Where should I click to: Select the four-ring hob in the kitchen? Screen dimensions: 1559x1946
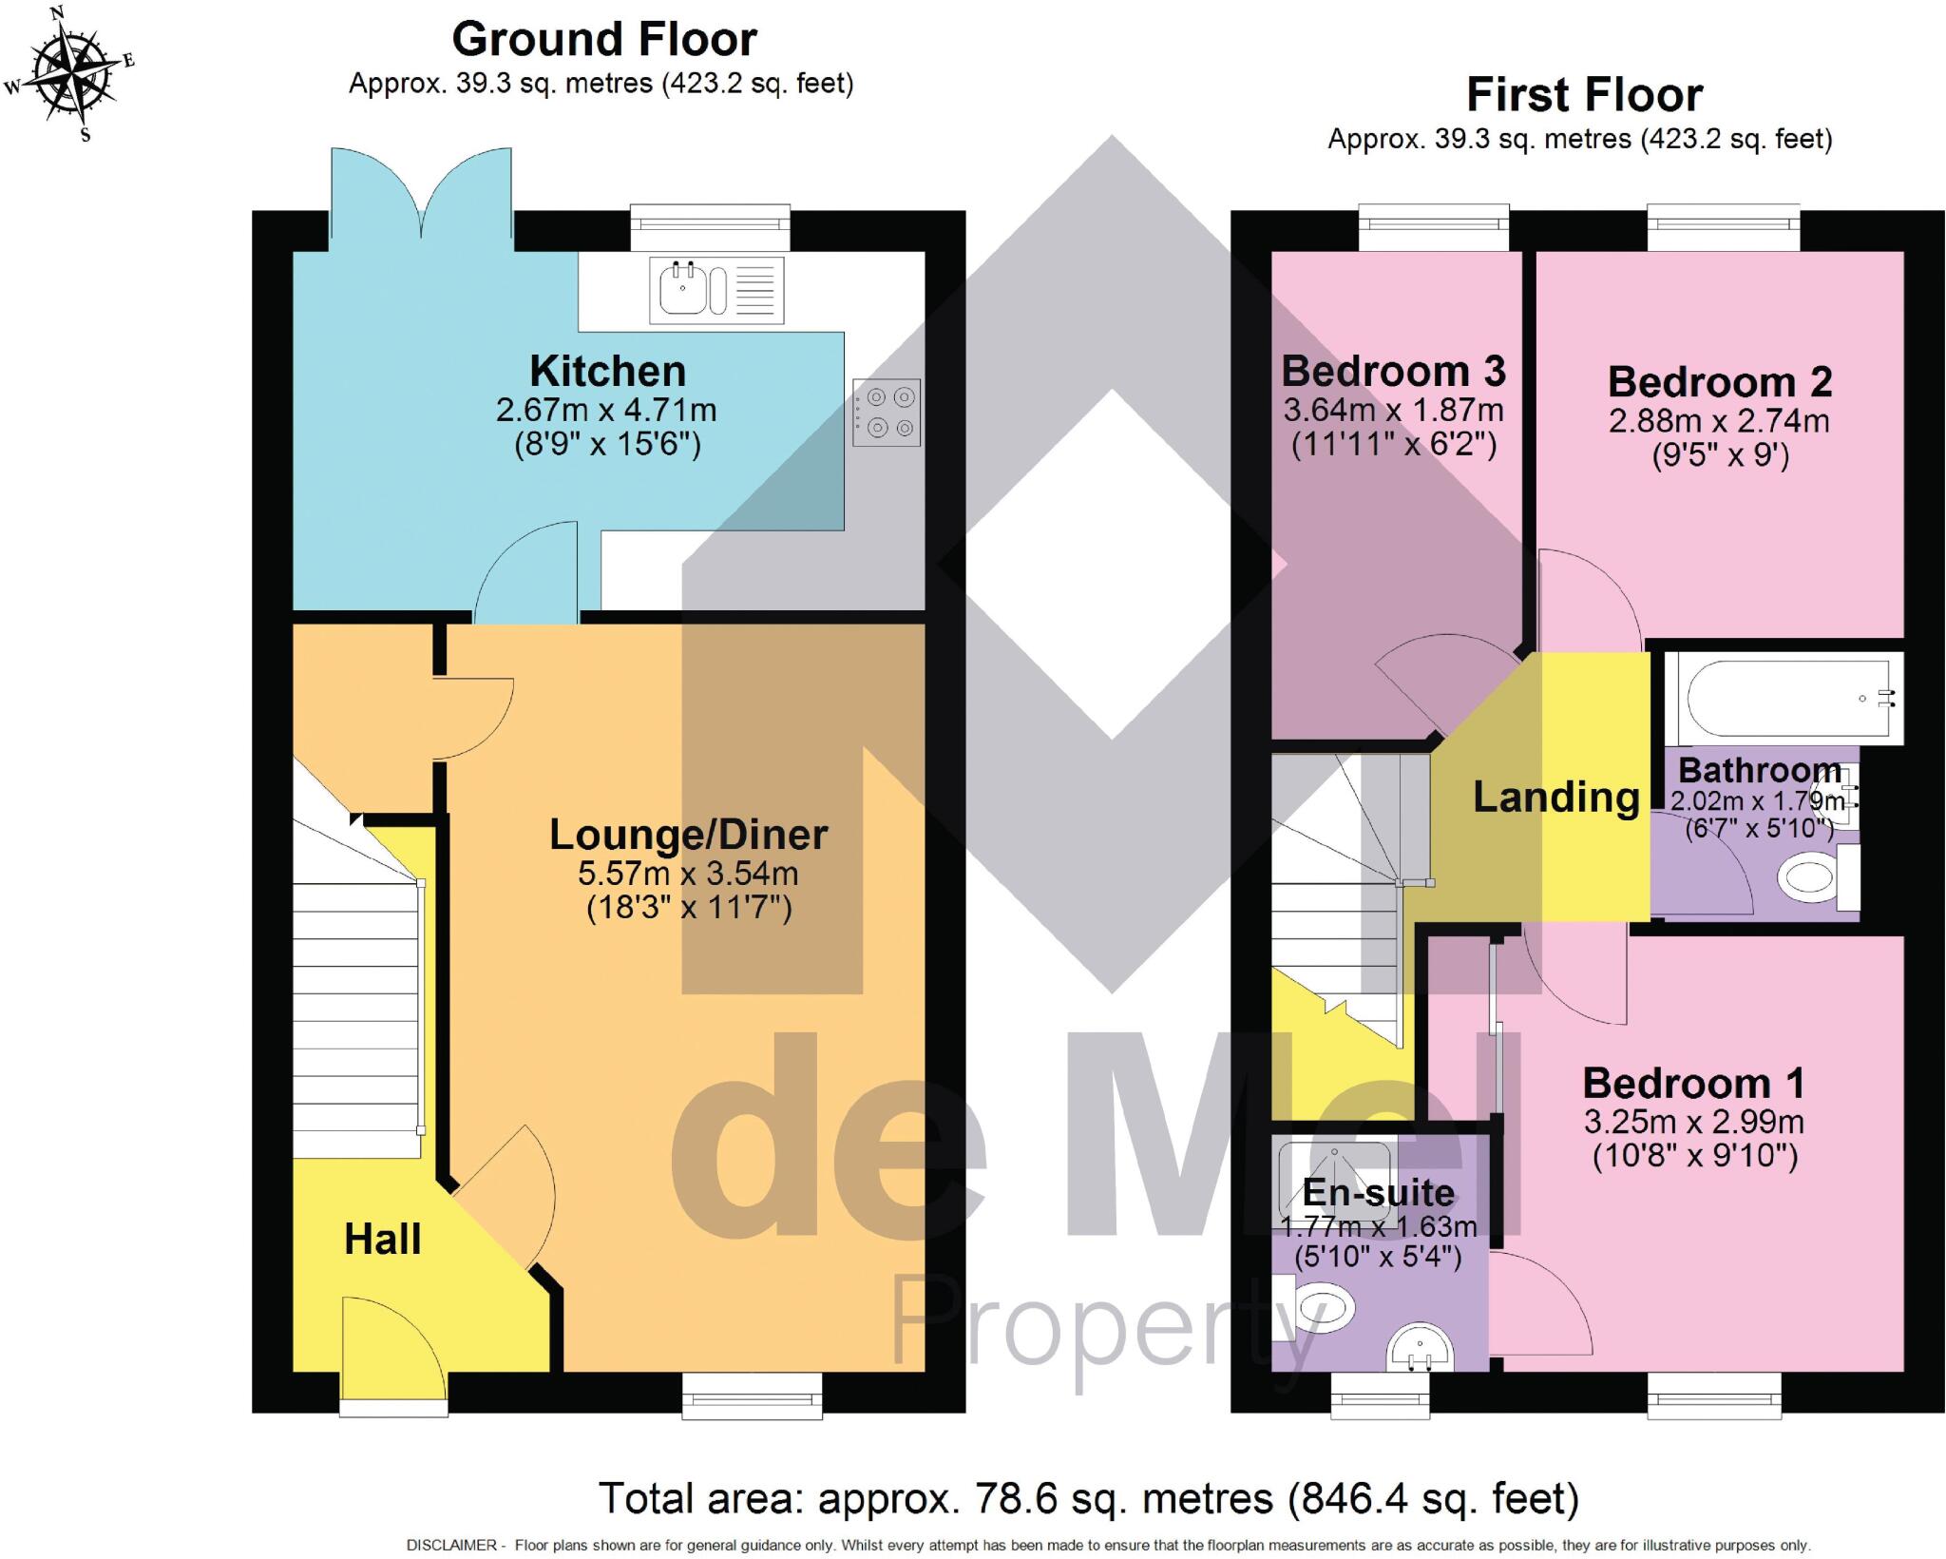(x=886, y=413)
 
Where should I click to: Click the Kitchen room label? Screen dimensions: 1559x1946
(x=607, y=371)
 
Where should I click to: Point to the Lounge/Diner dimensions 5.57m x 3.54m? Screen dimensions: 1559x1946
(x=688, y=874)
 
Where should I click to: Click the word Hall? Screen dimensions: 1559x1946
(x=382, y=1240)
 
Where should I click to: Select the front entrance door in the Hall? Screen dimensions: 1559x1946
(x=391, y=1350)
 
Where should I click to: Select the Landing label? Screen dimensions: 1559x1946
(x=1556, y=798)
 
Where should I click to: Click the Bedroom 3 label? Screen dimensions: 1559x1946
(x=1393, y=371)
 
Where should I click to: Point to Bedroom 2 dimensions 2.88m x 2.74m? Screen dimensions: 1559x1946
(x=1718, y=421)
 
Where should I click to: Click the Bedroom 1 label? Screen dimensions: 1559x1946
(x=1693, y=1084)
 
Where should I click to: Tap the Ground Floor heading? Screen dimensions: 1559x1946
(x=604, y=40)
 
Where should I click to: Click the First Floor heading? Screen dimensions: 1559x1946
(x=1584, y=95)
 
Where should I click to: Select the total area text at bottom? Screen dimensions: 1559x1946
(x=1088, y=1499)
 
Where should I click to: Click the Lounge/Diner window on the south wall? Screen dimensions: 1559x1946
(x=752, y=1395)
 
